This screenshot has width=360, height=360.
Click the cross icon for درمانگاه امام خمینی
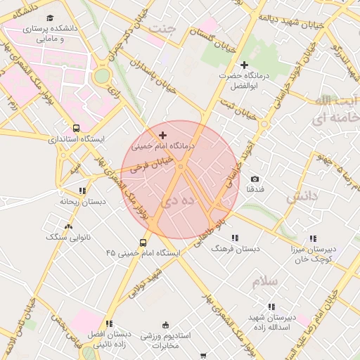163,134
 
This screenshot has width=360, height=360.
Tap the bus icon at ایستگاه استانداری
76,129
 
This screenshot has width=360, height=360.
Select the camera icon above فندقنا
255,179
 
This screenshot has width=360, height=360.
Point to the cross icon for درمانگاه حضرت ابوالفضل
244,65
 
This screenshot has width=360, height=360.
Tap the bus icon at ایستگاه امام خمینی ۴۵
143,243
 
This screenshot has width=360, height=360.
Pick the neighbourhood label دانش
303,198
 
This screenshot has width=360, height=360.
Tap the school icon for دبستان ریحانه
82,191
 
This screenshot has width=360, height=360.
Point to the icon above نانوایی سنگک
68,226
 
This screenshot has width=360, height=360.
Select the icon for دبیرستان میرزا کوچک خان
312,239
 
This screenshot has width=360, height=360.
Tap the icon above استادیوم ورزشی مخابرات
166,325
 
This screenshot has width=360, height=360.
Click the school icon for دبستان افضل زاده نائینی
108,324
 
